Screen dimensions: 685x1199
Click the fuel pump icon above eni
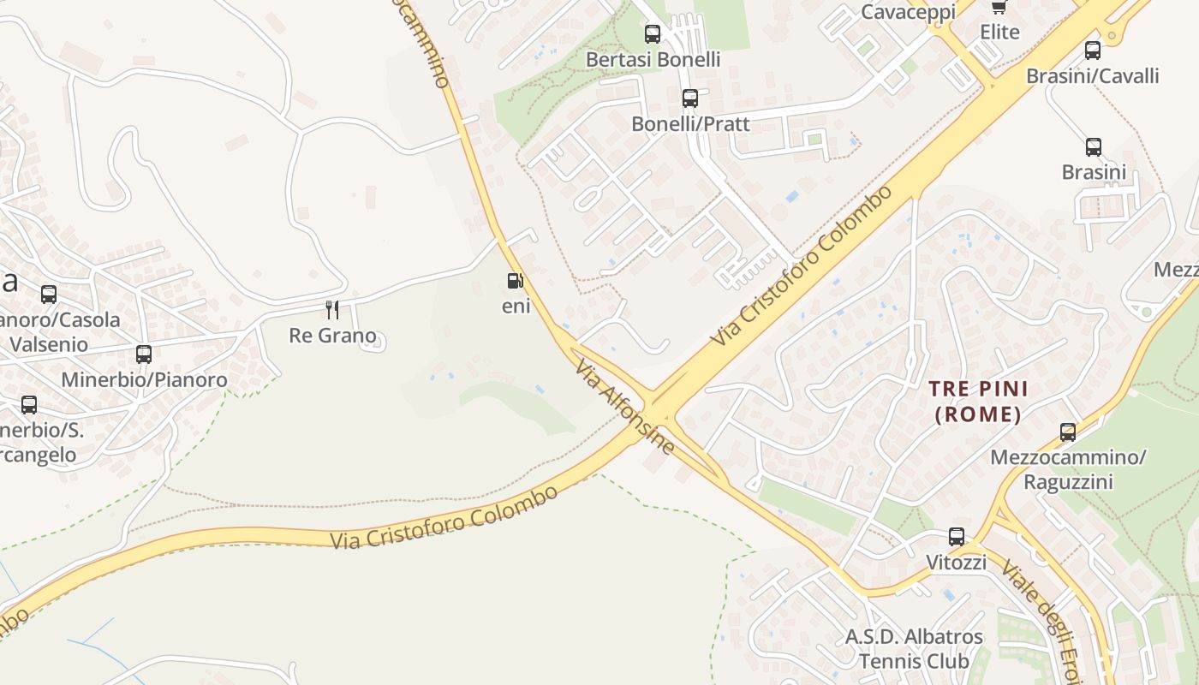click(x=515, y=281)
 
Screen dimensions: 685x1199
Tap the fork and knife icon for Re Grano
click(x=332, y=309)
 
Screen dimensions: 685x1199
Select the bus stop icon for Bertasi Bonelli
click(x=653, y=34)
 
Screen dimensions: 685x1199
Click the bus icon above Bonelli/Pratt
click(x=690, y=98)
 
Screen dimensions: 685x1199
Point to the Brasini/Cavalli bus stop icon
click(x=1093, y=51)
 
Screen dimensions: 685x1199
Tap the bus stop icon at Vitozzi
click(x=957, y=537)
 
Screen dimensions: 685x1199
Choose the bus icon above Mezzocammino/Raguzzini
click(x=1068, y=432)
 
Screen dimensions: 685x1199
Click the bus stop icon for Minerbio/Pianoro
click(x=144, y=354)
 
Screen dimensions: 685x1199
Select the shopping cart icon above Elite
click(x=999, y=7)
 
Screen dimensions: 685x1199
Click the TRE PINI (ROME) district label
click(x=979, y=402)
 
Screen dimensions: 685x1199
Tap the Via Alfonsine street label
click(x=624, y=407)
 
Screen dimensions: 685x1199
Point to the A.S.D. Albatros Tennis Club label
click(x=914, y=649)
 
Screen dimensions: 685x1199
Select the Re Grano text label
click(x=332, y=335)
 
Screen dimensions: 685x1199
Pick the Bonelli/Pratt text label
click(x=690, y=124)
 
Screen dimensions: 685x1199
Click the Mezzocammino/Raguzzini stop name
click(x=1068, y=469)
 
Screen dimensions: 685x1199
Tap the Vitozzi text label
click(x=957, y=563)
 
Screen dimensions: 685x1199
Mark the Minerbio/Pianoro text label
click(x=144, y=380)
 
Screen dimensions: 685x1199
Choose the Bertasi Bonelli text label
click(x=653, y=60)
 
